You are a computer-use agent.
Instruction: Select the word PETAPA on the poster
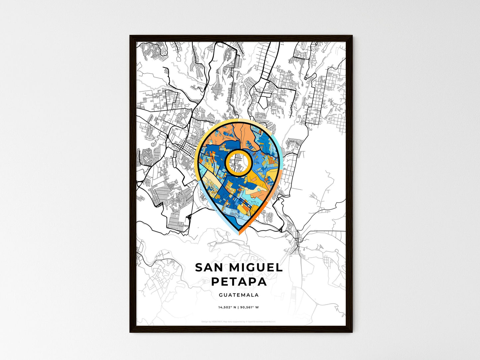239,282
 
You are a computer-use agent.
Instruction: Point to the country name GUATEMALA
239,295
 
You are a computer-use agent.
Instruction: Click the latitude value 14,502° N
227,308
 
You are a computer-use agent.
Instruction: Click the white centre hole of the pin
238,162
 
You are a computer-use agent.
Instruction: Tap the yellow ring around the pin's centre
227,162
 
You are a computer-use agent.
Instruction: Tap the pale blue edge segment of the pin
206,199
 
